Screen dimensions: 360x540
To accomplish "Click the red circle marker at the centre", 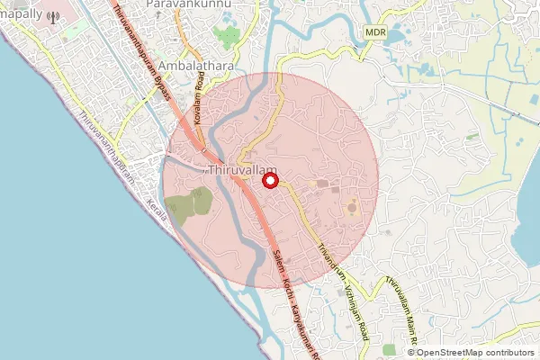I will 269,181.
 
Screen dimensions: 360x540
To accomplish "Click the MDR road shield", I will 376,31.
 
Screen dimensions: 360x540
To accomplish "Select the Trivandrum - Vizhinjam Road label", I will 342,270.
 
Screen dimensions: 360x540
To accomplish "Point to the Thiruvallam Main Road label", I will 399,310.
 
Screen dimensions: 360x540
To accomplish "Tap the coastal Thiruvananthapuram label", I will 107,148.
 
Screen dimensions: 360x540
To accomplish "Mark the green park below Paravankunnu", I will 228,37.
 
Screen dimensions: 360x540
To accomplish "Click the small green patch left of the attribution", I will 390,349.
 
